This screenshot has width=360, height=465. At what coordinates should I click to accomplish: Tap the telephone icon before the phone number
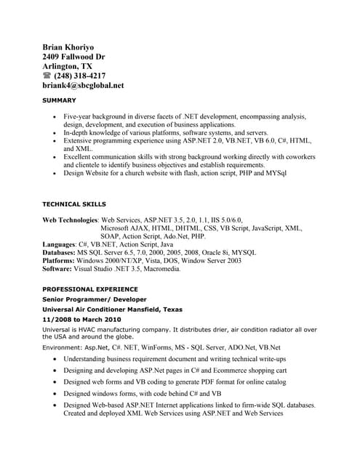(47, 76)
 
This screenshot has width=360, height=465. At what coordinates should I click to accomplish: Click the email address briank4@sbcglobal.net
(83, 85)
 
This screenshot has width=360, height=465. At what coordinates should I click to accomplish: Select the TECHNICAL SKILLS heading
(74, 204)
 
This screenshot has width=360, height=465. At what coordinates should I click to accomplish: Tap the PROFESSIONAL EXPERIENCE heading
(89, 289)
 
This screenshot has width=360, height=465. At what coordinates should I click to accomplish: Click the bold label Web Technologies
(70, 219)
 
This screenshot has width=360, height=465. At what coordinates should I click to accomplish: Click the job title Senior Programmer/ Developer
(95, 299)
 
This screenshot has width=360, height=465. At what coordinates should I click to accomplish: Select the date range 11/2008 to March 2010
(81, 320)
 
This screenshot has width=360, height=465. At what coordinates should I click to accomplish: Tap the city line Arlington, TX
(67, 65)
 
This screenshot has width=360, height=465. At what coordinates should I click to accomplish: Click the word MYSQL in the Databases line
(242, 253)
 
